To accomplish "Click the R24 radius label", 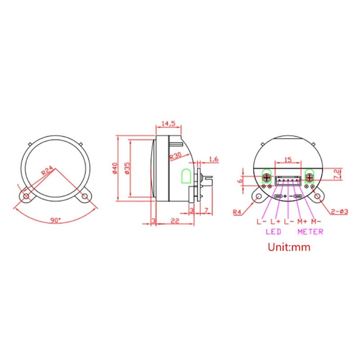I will coord(48,171).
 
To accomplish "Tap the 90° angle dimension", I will coord(55,220).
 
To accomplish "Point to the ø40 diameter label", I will coord(115,168).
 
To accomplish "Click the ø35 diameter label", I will coord(127,168).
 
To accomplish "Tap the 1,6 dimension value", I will coord(214,159).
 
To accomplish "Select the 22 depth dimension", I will coord(175,220).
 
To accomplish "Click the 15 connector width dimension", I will coord(288,159).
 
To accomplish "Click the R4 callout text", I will coord(238,212).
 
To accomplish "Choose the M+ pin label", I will coord(301,221).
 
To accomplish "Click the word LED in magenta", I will coord(274,232).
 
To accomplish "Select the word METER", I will coord(310,232).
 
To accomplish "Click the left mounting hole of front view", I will coord(27,197).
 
